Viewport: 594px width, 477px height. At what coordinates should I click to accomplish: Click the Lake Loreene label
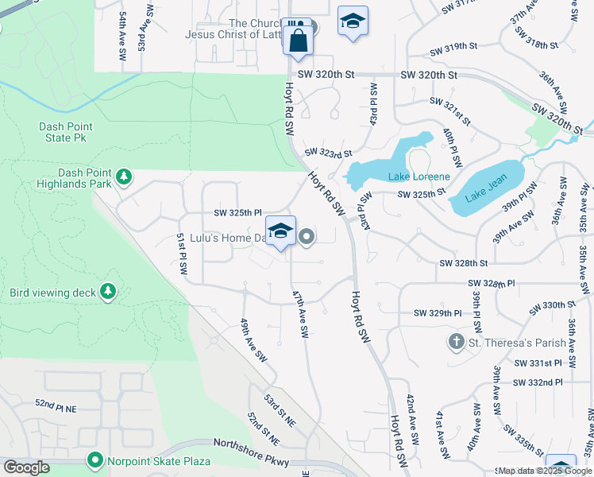coord(418,176)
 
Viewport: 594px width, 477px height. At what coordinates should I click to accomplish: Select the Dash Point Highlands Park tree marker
coord(123,176)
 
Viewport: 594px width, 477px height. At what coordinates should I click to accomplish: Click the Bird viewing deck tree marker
coord(108,293)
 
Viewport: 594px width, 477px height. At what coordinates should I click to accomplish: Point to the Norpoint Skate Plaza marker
coord(95,460)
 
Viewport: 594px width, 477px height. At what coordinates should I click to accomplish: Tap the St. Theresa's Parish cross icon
coord(456,343)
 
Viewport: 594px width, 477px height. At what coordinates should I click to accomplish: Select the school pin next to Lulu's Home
coord(280,231)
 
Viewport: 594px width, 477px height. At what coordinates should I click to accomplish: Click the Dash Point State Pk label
coord(66,132)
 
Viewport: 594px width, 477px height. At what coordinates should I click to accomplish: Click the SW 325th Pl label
coord(237,213)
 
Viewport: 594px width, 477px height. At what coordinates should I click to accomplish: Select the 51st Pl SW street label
coord(182,254)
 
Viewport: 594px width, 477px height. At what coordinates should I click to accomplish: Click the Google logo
coord(26,467)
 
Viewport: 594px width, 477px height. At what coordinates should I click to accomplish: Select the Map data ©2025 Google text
coord(545,471)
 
